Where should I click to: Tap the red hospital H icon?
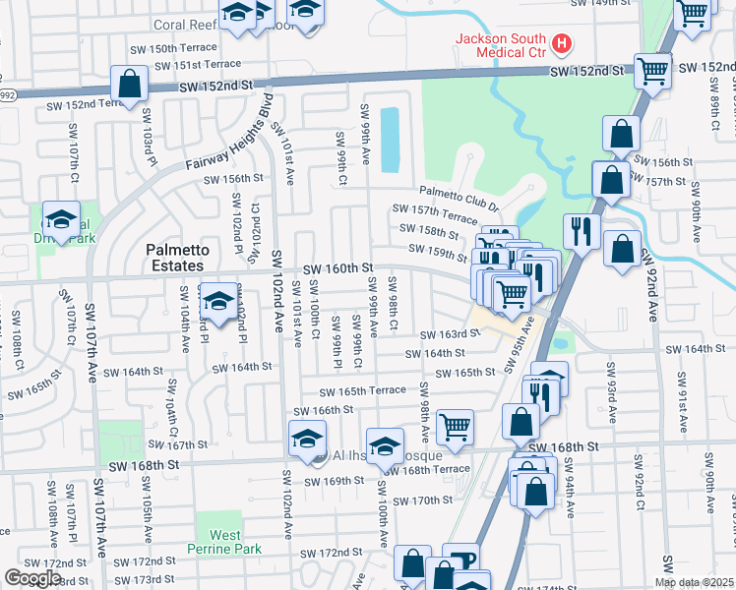(x=562, y=43)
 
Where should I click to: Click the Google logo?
(x=32, y=578)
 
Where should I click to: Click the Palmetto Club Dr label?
(x=459, y=192)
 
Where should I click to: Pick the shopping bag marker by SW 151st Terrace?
(x=129, y=85)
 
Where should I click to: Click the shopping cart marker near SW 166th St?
(x=455, y=427)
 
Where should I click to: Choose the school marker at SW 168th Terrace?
(x=385, y=446)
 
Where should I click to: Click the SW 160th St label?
(x=337, y=268)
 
